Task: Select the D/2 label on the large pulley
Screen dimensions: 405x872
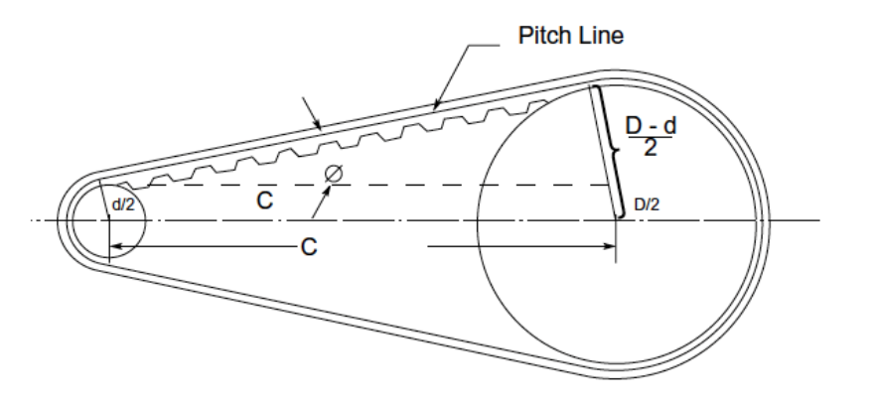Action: coord(647,203)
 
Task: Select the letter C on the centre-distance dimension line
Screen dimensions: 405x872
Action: coord(309,247)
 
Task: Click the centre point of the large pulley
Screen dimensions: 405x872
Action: coord(616,219)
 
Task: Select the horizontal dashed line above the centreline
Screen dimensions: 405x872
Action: coord(397,186)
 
